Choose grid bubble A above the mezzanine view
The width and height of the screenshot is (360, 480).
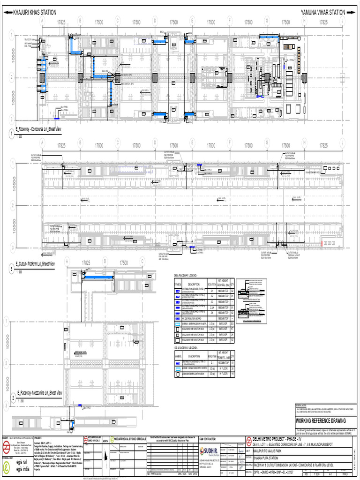click(x=67, y=262)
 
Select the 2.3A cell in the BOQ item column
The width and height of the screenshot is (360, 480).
click(x=212, y=307)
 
